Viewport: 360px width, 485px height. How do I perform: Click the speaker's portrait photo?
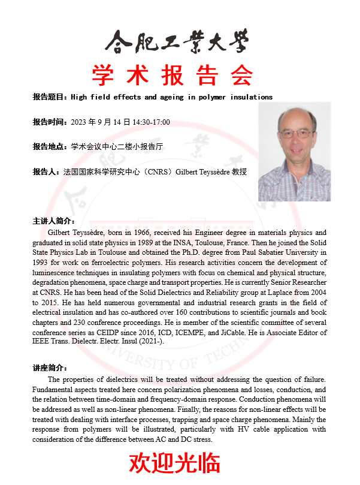tap(294, 152)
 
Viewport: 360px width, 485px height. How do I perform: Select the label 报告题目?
tap(50, 97)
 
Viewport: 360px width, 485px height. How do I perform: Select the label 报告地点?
tap(50, 146)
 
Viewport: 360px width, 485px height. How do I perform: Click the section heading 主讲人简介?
tap(53, 221)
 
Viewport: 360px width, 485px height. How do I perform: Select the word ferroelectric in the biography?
tap(110, 263)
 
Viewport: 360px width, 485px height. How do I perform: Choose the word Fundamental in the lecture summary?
tap(55, 390)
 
